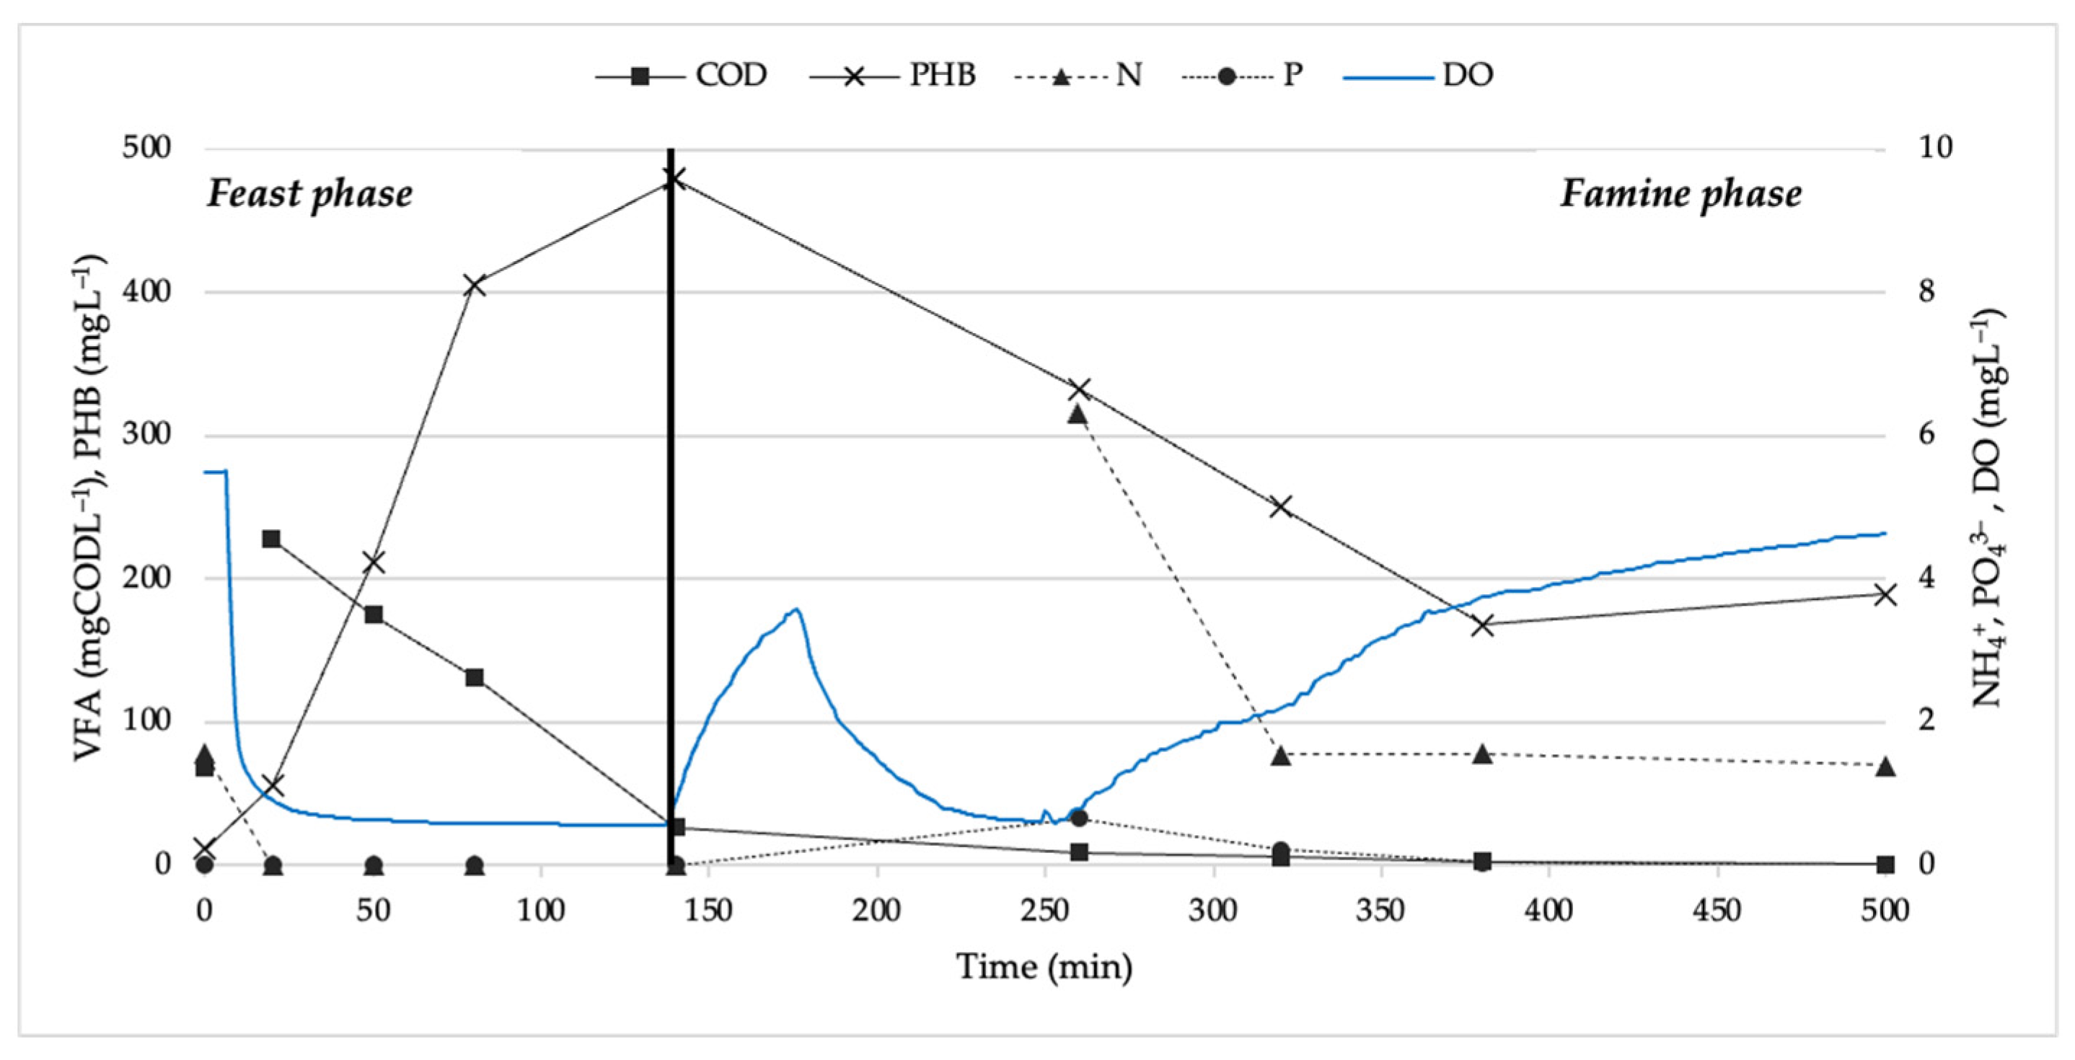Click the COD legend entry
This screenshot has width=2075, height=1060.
click(682, 76)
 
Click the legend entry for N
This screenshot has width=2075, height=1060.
click(1084, 76)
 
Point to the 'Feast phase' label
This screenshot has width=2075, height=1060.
click(310, 194)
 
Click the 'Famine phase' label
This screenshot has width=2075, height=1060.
click(1680, 194)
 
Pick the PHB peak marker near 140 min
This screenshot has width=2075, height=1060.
click(674, 179)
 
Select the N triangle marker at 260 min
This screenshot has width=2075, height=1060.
click(1078, 415)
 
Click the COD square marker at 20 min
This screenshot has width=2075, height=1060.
click(272, 539)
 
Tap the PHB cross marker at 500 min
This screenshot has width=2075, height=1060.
click(1885, 595)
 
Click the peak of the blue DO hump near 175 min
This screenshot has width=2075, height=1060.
click(796, 610)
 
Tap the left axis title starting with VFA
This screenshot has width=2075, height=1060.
click(91, 508)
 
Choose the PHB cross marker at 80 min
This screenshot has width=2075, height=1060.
click(475, 286)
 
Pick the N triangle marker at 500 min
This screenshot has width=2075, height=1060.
click(1885, 767)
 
